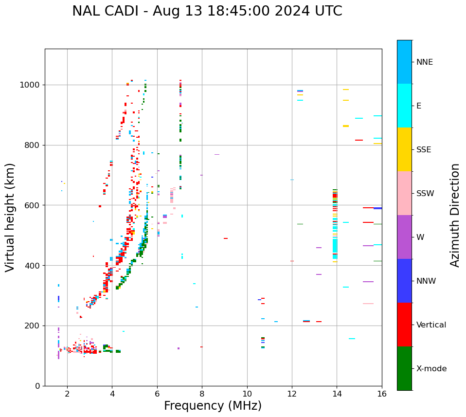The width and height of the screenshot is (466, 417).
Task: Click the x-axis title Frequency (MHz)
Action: point(213,406)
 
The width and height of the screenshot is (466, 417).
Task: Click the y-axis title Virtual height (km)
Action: point(10,217)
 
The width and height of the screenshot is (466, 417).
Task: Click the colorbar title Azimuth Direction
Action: point(455,215)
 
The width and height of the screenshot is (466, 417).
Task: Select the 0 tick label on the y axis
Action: point(37,386)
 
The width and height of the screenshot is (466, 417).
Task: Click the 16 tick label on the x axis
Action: point(382,394)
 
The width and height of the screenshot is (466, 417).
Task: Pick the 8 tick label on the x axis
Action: point(202,394)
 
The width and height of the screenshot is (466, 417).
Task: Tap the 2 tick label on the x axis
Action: point(67,394)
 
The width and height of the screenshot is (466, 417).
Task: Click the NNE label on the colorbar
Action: point(424,62)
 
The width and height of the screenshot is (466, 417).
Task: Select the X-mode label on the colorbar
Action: point(431,369)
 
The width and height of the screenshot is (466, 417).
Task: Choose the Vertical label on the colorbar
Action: point(431,325)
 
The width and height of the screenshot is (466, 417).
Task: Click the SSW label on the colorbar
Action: point(425,194)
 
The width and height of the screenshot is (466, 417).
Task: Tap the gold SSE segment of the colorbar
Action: point(404,149)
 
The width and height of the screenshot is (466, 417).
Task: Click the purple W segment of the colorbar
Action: point(404,237)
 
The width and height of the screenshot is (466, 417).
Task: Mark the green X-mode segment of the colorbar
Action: point(404,368)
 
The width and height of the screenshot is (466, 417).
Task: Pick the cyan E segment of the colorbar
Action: point(404,106)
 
